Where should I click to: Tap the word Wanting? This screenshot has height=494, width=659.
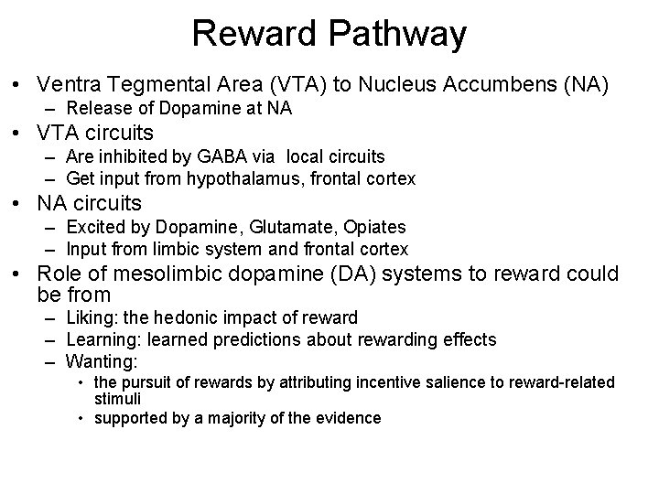point(103,360)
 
